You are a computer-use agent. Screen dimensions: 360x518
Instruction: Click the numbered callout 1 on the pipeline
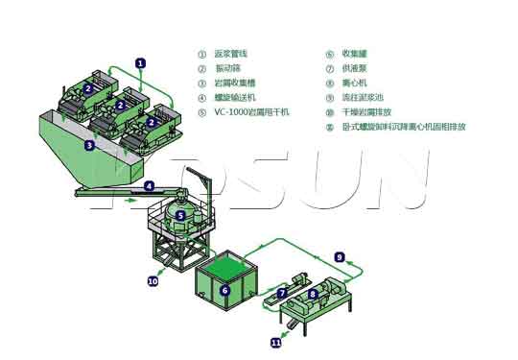pyautogui.click(x=140, y=62)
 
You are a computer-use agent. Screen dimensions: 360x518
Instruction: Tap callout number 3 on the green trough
pyautogui.click(x=88, y=146)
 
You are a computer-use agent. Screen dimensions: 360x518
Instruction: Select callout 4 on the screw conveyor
pyautogui.click(x=149, y=185)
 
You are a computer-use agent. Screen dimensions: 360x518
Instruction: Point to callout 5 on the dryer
pyautogui.click(x=179, y=216)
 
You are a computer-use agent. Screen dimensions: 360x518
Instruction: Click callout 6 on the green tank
pyautogui.click(x=224, y=289)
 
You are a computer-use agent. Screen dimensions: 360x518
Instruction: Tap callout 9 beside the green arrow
pyautogui.click(x=339, y=256)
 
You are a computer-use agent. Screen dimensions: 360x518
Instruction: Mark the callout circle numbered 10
pyautogui.click(x=153, y=281)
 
